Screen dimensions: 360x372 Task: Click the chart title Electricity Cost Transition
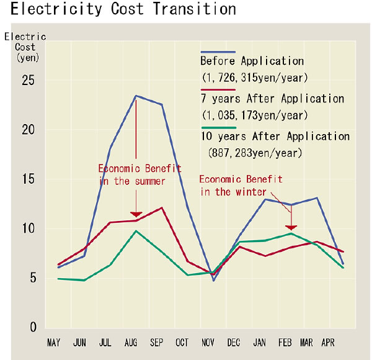(123, 10)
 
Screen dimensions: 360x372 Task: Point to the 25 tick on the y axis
(27, 81)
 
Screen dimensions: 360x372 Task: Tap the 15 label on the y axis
(27, 179)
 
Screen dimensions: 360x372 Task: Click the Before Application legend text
(252, 61)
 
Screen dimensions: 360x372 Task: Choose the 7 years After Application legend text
(272, 99)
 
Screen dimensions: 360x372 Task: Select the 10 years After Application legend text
(275, 137)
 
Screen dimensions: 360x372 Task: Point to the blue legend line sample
(218, 52)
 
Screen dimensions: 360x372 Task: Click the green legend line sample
(218, 127)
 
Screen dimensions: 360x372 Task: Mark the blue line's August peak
(135, 96)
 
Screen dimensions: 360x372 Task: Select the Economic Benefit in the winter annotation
(241, 186)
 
